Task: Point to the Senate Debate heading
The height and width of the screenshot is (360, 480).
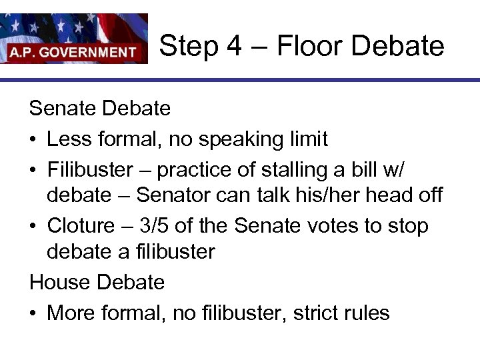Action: point(100,108)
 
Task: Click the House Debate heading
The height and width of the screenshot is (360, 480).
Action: point(97,282)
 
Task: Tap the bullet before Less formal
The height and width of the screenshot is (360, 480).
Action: point(33,139)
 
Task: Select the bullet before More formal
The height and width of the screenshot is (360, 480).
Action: point(33,313)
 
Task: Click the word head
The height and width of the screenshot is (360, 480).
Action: point(402,195)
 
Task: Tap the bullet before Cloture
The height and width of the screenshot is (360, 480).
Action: point(33,225)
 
